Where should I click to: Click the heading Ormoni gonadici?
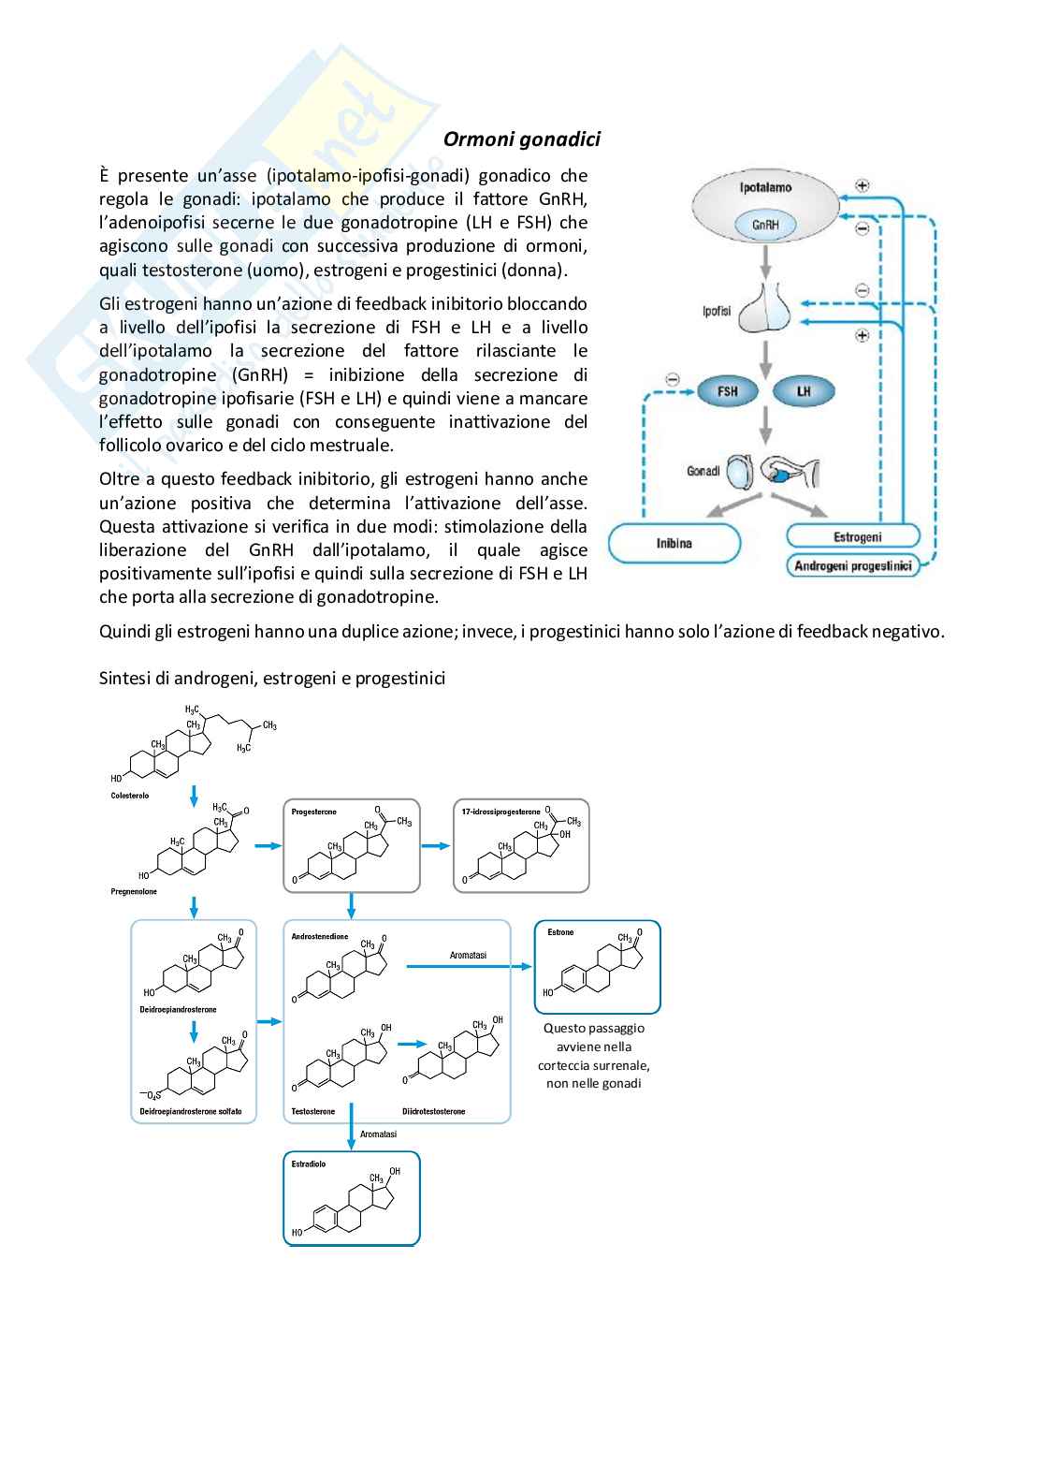point(521,139)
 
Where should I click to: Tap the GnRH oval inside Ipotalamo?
point(766,225)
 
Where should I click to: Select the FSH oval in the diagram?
point(727,391)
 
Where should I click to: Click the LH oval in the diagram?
point(804,391)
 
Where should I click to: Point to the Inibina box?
point(674,543)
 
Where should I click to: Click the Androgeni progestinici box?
point(852,565)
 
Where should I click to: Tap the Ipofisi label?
point(717,311)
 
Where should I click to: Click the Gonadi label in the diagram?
point(703,471)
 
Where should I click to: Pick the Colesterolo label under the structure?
point(129,796)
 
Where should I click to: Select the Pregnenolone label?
point(134,892)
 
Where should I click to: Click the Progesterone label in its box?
point(314,812)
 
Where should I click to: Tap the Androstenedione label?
point(320,936)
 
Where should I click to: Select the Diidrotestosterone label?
point(434,1111)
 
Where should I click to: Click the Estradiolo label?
point(309,1164)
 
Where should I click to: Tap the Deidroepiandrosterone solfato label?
point(191,1111)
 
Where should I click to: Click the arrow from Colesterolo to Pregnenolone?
point(194,796)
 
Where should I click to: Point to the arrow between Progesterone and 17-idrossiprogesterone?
point(434,846)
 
